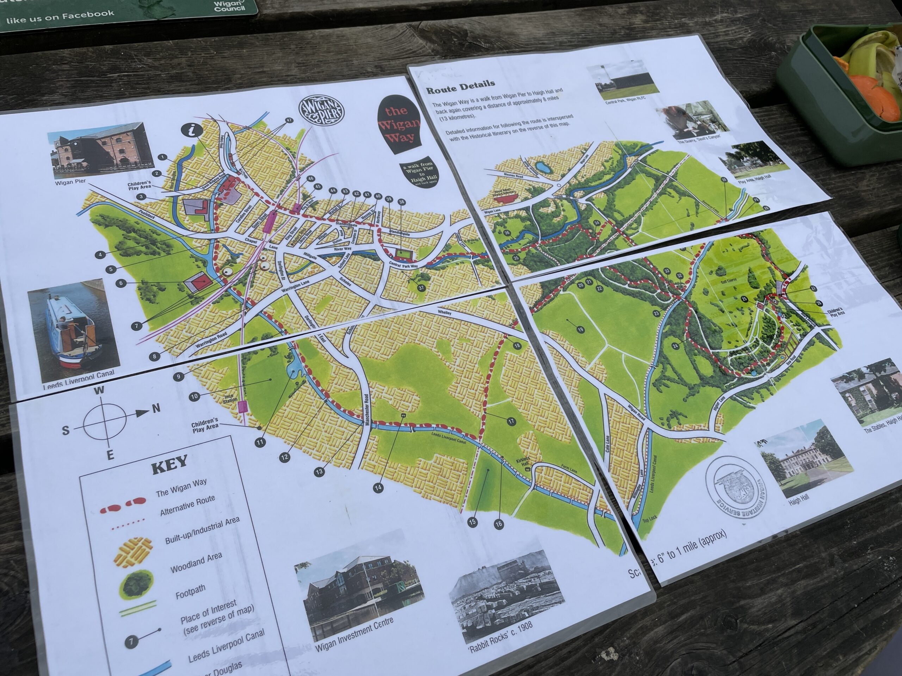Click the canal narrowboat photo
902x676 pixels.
click(x=73, y=326)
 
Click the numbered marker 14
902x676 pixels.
click(x=378, y=487)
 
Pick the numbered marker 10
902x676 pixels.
click(x=194, y=396)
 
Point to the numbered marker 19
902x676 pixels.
click(x=580, y=329)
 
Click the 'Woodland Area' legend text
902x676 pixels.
click(x=196, y=562)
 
